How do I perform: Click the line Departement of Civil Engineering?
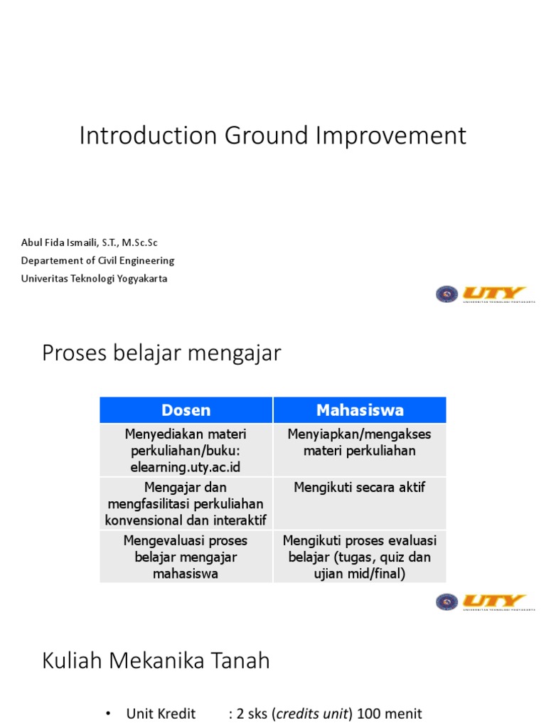[x=97, y=260]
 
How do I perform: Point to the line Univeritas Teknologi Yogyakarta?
[x=95, y=278]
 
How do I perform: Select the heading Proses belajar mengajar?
[x=161, y=353]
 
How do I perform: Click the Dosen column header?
[x=186, y=410]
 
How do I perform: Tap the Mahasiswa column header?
[x=360, y=410]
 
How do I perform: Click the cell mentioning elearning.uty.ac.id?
[x=186, y=450]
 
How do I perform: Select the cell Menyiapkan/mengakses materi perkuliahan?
[x=360, y=441]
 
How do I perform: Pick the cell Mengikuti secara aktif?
[x=360, y=487]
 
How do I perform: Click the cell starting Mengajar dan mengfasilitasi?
[x=186, y=503]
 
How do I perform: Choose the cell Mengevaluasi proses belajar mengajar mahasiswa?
[x=186, y=557]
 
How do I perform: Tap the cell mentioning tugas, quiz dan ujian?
[x=360, y=557]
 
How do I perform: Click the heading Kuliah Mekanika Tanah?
[x=156, y=660]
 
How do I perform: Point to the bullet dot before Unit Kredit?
[x=107, y=714]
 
